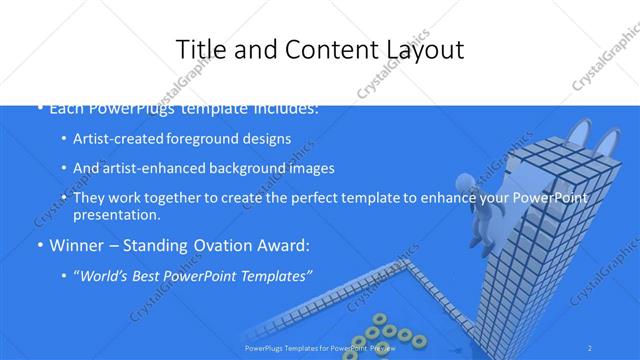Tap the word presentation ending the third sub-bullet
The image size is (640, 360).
[116, 215]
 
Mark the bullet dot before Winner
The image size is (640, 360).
[40, 245]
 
